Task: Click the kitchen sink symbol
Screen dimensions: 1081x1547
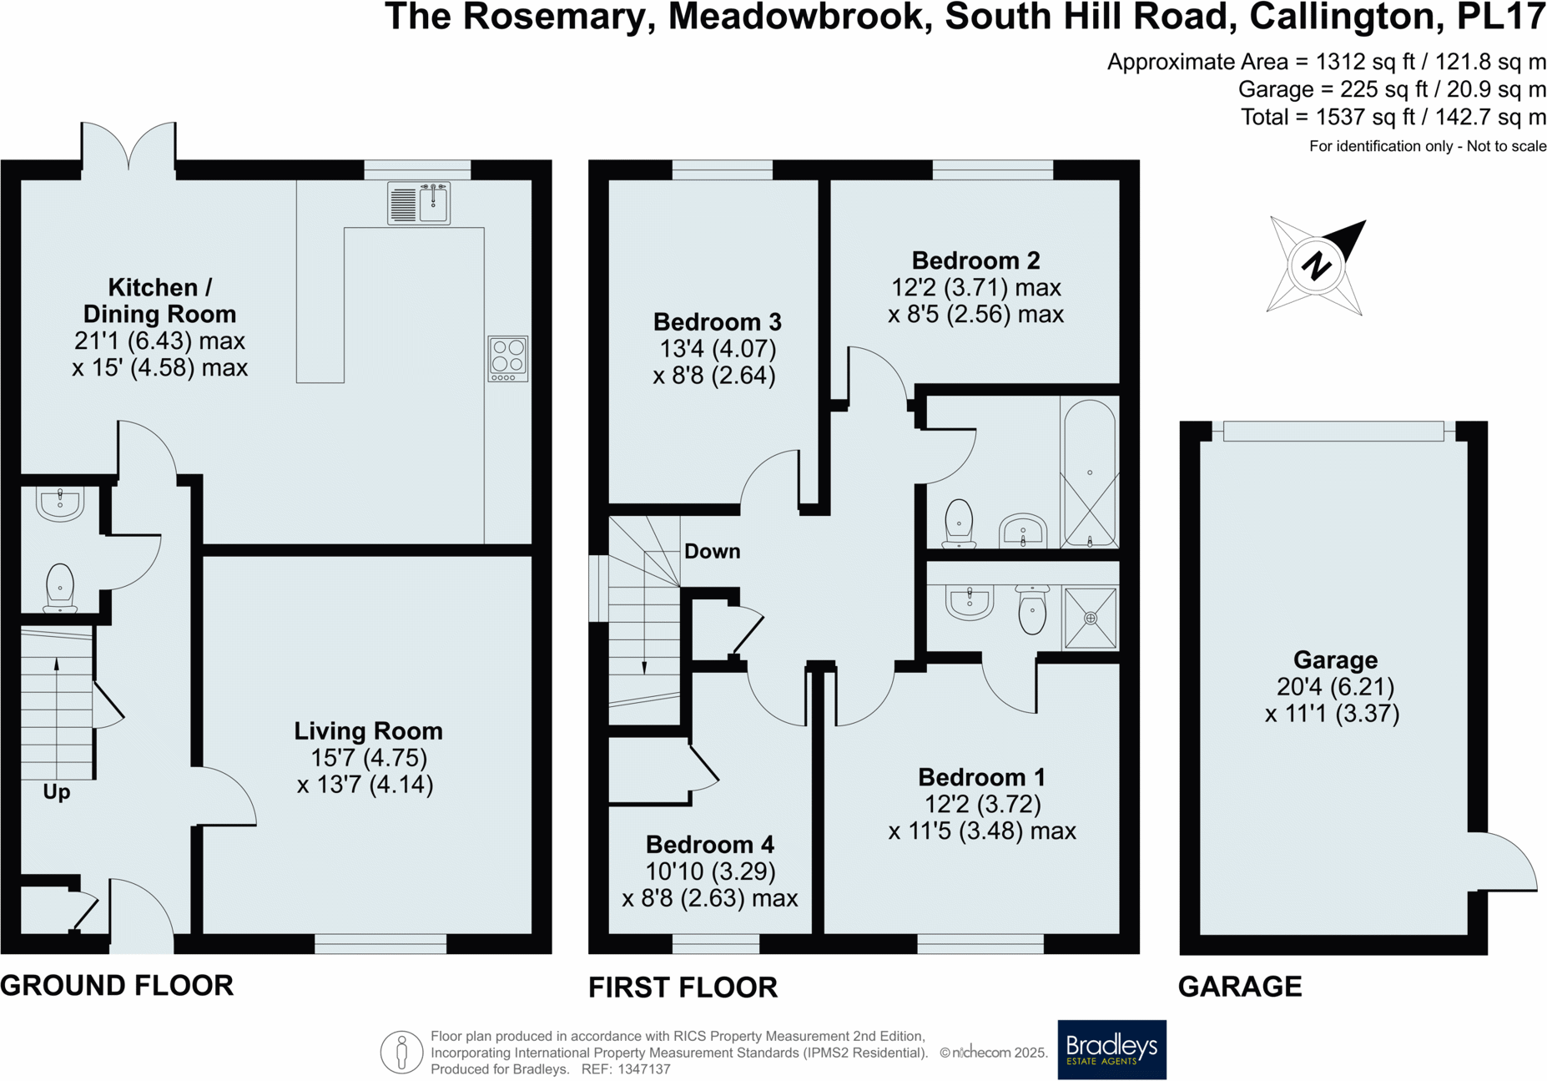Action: click(419, 203)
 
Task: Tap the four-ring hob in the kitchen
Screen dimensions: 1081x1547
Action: click(507, 358)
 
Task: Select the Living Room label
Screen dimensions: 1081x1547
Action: click(368, 731)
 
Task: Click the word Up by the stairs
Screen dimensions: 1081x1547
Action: click(57, 791)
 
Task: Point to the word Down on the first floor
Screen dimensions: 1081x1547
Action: click(712, 551)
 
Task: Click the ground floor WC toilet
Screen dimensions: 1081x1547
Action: click(60, 587)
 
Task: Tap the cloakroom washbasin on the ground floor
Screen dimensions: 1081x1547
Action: click(60, 503)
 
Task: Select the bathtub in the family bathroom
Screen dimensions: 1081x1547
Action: click(1089, 472)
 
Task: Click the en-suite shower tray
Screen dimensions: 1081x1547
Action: click(1090, 619)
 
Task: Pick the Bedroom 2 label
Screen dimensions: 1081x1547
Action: click(975, 260)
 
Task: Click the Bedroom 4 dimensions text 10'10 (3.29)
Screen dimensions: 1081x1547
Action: click(710, 871)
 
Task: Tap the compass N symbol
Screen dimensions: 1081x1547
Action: click(1316, 266)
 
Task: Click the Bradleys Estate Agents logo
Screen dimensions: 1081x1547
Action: click(1111, 1049)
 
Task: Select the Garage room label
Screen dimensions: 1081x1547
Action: click(1334, 660)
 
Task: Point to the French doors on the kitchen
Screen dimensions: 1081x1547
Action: click(128, 150)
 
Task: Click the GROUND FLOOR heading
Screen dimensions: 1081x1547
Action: click(117, 985)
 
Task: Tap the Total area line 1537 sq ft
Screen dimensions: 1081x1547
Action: click(1392, 117)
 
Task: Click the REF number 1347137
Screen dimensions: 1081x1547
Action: click(642, 1069)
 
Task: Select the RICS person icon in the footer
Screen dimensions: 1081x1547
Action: click(401, 1052)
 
